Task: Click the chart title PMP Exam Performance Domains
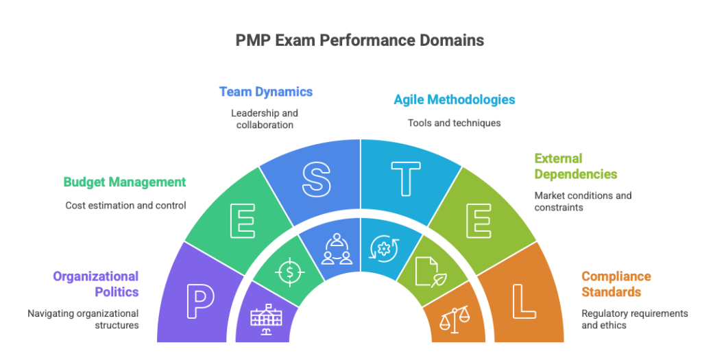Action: pos(359,40)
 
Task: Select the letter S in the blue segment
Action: pos(315,178)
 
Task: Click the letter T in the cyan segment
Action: pos(406,178)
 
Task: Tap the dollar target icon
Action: pos(289,272)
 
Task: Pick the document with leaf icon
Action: pos(428,271)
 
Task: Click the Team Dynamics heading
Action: pos(266,91)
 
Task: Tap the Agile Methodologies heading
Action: pos(455,99)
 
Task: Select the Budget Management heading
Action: pos(124,182)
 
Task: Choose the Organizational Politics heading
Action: pos(96,284)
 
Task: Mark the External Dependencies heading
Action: pos(576,166)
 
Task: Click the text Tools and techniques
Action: pos(455,123)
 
